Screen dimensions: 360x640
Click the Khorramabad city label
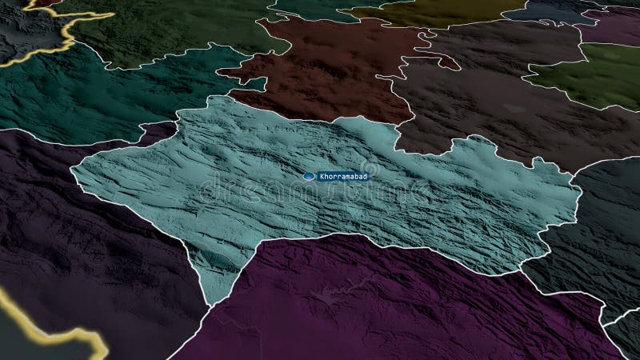(x=342, y=176)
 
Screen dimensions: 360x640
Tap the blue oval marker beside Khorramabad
(x=309, y=176)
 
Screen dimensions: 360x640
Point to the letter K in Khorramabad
(x=322, y=176)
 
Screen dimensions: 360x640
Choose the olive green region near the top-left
(x=176, y=32)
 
